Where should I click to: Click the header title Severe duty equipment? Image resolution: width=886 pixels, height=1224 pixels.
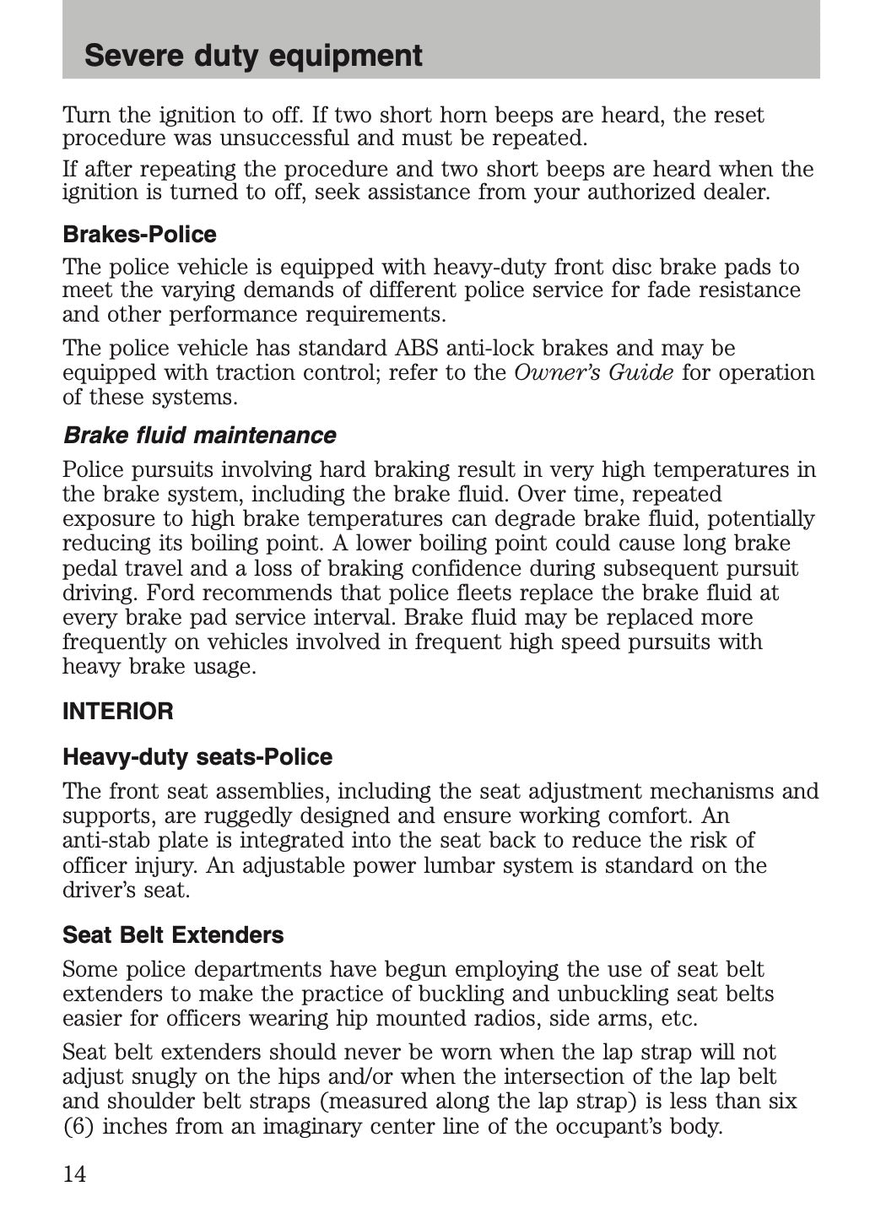coord(253,56)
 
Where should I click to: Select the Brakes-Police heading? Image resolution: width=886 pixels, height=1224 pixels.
coord(139,235)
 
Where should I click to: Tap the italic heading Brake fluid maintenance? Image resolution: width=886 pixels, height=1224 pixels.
coord(199,436)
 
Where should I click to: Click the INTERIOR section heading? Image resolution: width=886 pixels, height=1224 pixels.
coord(118,712)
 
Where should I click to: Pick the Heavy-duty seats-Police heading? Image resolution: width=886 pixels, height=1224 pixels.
coord(197,757)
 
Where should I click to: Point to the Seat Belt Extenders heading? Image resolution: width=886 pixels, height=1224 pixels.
coord(173,935)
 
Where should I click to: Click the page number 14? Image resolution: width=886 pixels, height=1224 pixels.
coord(74,1174)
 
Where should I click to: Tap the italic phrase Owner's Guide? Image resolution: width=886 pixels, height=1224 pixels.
coord(593,373)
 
